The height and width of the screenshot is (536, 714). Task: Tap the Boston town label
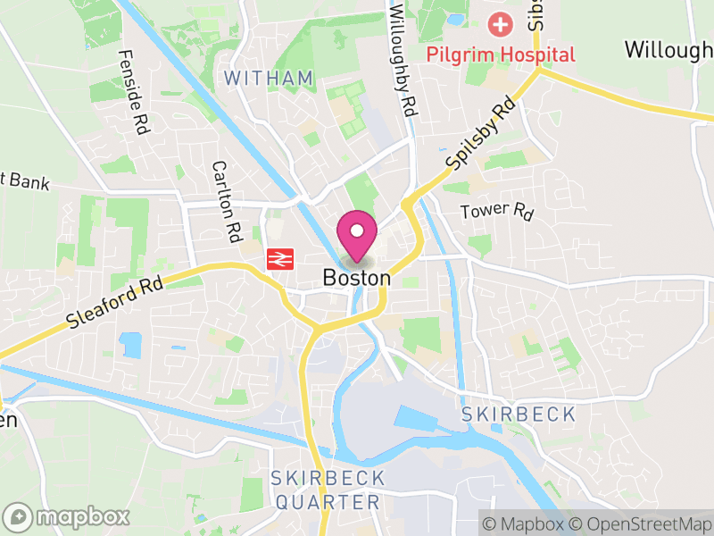click(357, 279)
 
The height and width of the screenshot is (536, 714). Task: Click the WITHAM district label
click(269, 79)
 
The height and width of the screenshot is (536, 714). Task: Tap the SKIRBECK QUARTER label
click(328, 490)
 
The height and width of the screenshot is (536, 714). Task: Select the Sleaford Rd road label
click(117, 304)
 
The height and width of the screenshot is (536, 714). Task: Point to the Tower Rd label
click(495, 212)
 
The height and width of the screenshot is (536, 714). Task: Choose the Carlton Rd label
click(228, 200)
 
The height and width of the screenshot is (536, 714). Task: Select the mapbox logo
click(68, 516)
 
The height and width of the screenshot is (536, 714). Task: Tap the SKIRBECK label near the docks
click(519, 415)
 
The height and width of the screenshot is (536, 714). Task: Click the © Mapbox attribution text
click(526, 523)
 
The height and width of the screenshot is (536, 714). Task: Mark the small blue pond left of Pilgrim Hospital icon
click(456, 19)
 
